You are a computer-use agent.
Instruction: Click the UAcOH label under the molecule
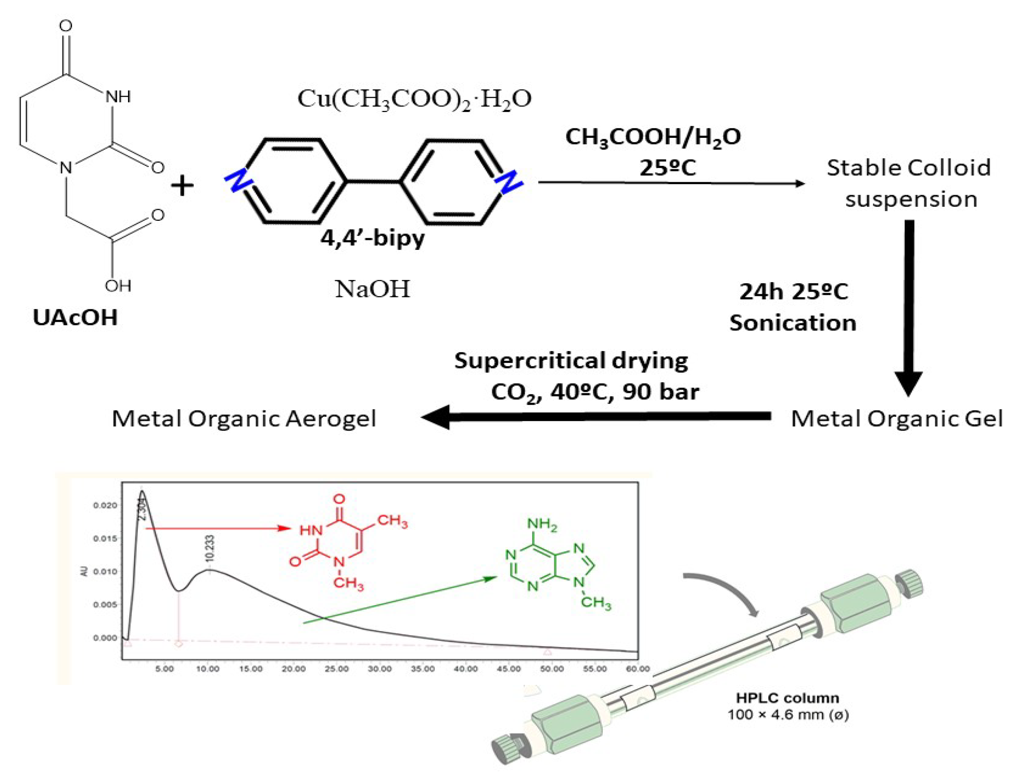pos(75,318)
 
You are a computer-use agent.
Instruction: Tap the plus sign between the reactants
pos(182,186)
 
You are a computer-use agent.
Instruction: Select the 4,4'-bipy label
pos(372,239)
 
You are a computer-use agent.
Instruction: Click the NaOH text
pos(372,290)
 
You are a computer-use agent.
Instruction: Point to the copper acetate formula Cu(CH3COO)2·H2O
pos(414,99)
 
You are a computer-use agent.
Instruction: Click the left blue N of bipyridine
pos(237,181)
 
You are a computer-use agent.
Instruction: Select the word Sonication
pos(793,323)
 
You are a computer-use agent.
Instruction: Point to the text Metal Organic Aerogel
pos(244,419)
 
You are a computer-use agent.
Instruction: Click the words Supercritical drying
pos(571,360)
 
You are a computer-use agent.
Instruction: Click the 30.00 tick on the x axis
pos(379,669)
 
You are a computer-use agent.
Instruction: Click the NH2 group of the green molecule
pos(542,525)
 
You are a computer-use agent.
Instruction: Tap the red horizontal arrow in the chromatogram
pos(218,528)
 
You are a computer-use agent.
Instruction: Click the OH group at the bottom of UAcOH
pos(118,286)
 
